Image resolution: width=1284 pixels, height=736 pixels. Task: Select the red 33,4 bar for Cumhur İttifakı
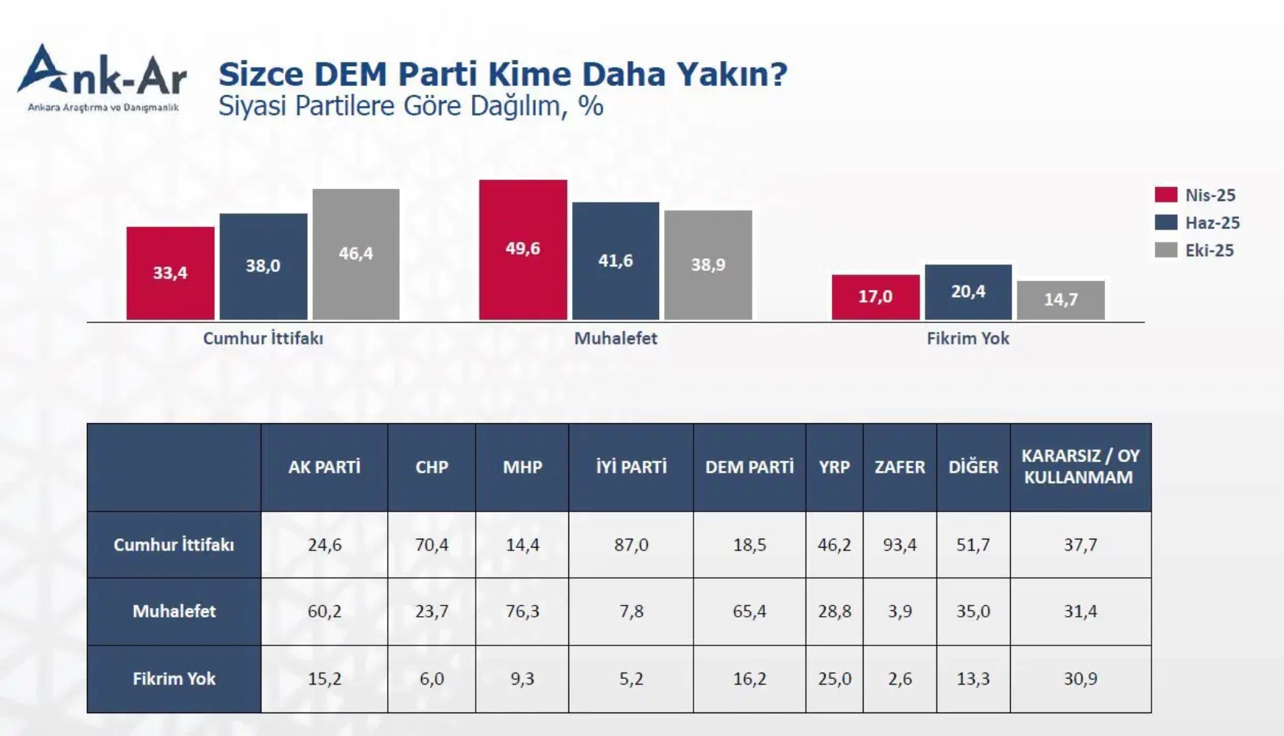point(170,273)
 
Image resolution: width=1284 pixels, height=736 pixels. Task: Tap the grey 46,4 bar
point(356,254)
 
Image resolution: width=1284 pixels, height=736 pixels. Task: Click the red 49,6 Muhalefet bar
point(523,250)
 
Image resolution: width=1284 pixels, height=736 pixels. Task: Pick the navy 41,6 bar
point(615,261)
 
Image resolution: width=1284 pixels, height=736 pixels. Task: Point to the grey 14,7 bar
point(1060,300)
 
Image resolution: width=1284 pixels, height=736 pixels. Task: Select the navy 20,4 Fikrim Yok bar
point(967,291)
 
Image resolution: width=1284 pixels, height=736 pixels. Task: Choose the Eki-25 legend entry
point(1196,250)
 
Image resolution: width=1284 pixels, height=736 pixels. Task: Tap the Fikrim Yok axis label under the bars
point(967,339)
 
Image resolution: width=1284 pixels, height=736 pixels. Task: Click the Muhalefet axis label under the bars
point(615,339)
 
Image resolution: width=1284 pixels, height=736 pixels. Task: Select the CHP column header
point(431,467)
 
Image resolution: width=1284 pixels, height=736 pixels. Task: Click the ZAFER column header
point(899,467)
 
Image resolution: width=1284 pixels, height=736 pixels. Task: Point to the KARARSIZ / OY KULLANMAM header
point(1079,467)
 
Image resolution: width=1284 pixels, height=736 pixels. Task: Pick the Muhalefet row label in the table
point(174,612)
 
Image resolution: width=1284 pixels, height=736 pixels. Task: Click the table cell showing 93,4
point(899,545)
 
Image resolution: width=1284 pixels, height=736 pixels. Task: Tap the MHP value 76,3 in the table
point(522,612)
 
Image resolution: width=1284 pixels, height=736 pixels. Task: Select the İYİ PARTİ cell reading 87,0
point(631,545)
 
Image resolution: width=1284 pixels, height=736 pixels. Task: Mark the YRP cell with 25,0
point(834,679)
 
